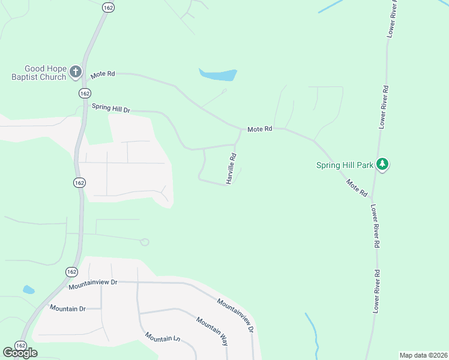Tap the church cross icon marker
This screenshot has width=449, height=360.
(76, 72)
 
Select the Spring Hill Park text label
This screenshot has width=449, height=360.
(345, 165)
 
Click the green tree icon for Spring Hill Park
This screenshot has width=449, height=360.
(383, 164)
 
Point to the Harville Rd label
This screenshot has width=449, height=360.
(231, 169)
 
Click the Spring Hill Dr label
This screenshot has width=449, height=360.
(110, 108)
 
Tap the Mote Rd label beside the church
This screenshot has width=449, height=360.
(103, 74)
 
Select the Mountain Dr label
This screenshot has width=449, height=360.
(68, 308)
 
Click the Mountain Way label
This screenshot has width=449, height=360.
(211, 331)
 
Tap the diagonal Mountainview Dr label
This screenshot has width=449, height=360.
(236, 316)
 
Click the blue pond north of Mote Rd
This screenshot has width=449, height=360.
(218, 75)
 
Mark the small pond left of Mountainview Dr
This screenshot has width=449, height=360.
(28, 290)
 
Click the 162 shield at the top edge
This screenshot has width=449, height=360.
(108, 7)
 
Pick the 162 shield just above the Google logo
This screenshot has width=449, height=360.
(21, 346)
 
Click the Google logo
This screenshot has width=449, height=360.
(20, 353)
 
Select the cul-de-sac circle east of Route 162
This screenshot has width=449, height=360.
(144, 242)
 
